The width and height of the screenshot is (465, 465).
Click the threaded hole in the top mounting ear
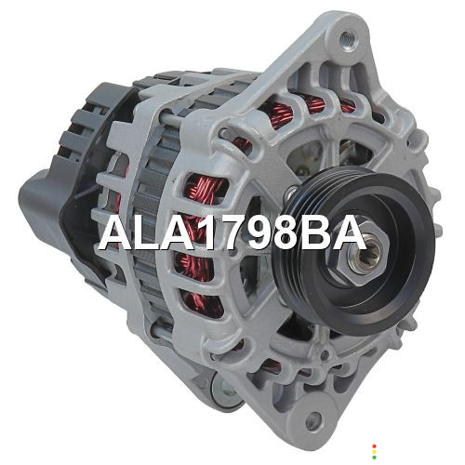(x=348, y=39)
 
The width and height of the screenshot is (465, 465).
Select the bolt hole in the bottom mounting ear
(x=314, y=420)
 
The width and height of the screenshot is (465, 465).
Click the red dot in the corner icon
(x=374, y=446)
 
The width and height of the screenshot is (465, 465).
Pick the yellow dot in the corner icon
(x=374, y=452)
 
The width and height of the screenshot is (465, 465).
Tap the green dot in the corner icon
(x=374, y=458)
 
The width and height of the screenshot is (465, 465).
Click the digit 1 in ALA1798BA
(x=205, y=232)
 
